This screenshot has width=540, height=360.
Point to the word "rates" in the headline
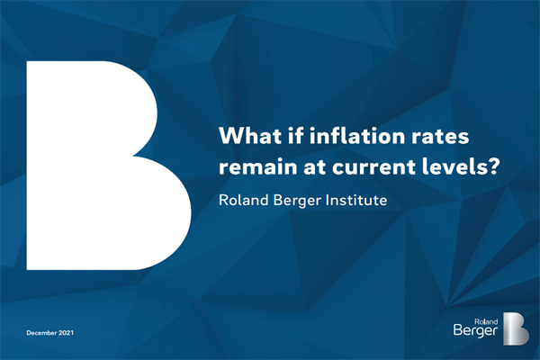(x=436, y=137)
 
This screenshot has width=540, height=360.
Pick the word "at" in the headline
(x=314, y=167)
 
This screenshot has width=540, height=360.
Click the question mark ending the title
(x=491, y=166)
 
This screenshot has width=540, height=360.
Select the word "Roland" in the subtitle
(x=244, y=200)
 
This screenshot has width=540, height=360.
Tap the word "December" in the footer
(x=41, y=333)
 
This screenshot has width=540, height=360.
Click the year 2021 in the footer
(x=66, y=333)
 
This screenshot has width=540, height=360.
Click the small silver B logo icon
(x=516, y=328)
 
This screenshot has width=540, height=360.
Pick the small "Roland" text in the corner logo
(x=486, y=322)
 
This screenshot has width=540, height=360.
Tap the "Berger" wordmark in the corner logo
(x=475, y=331)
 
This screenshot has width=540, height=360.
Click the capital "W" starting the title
(x=231, y=136)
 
